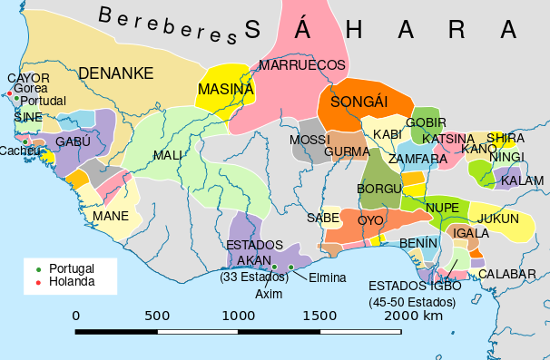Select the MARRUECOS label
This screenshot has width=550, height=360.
pyautogui.click(x=302, y=65)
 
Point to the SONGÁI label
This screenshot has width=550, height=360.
pyautogui.click(x=358, y=102)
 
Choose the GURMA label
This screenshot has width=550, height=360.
pyautogui.click(x=346, y=151)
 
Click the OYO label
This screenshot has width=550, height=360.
pyautogui.click(x=370, y=220)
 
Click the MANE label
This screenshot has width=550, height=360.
pyautogui.click(x=110, y=216)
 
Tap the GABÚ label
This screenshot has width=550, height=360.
pyautogui.click(x=74, y=142)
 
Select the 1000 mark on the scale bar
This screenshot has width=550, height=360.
pyautogui.click(x=239, y=316)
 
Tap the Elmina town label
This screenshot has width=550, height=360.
pyautogui.click(x=327, y=277)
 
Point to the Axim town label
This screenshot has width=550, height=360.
pyautogui.click(x=269, y=294)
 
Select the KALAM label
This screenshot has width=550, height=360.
pyautogui.click(x=522, y=180)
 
